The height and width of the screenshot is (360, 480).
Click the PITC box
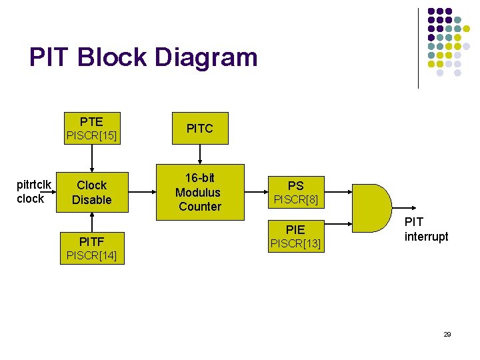[x=199, y=128]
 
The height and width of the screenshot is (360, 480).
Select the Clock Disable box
[x=92, y=192]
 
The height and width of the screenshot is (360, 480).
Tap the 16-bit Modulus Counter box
[x=199, y=192]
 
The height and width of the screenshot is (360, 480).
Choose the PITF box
[x=91, y=239]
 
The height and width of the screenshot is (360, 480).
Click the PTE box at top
[x=91, y=121]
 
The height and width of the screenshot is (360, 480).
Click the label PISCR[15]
[x=91, y=137]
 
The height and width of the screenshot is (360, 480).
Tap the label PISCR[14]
[x=91, y=255]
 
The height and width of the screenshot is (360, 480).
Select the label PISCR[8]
[x=295, y=199]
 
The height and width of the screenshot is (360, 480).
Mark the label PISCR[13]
[x=295, y=245]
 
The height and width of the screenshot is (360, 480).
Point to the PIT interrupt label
[x=426, y=229]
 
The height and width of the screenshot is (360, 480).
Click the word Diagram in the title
[x=206, y=57]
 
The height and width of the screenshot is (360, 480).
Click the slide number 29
[x=447, y=334]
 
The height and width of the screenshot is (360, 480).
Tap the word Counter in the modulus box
[x=199, y=207]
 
